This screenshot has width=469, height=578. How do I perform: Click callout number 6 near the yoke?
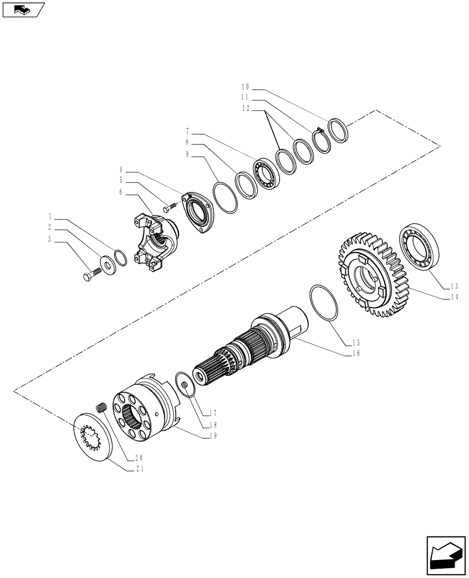[x=121, y=192]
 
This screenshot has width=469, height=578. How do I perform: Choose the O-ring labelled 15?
[x=324, y=303]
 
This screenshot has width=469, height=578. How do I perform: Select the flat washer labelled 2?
[x=107, y=264]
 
